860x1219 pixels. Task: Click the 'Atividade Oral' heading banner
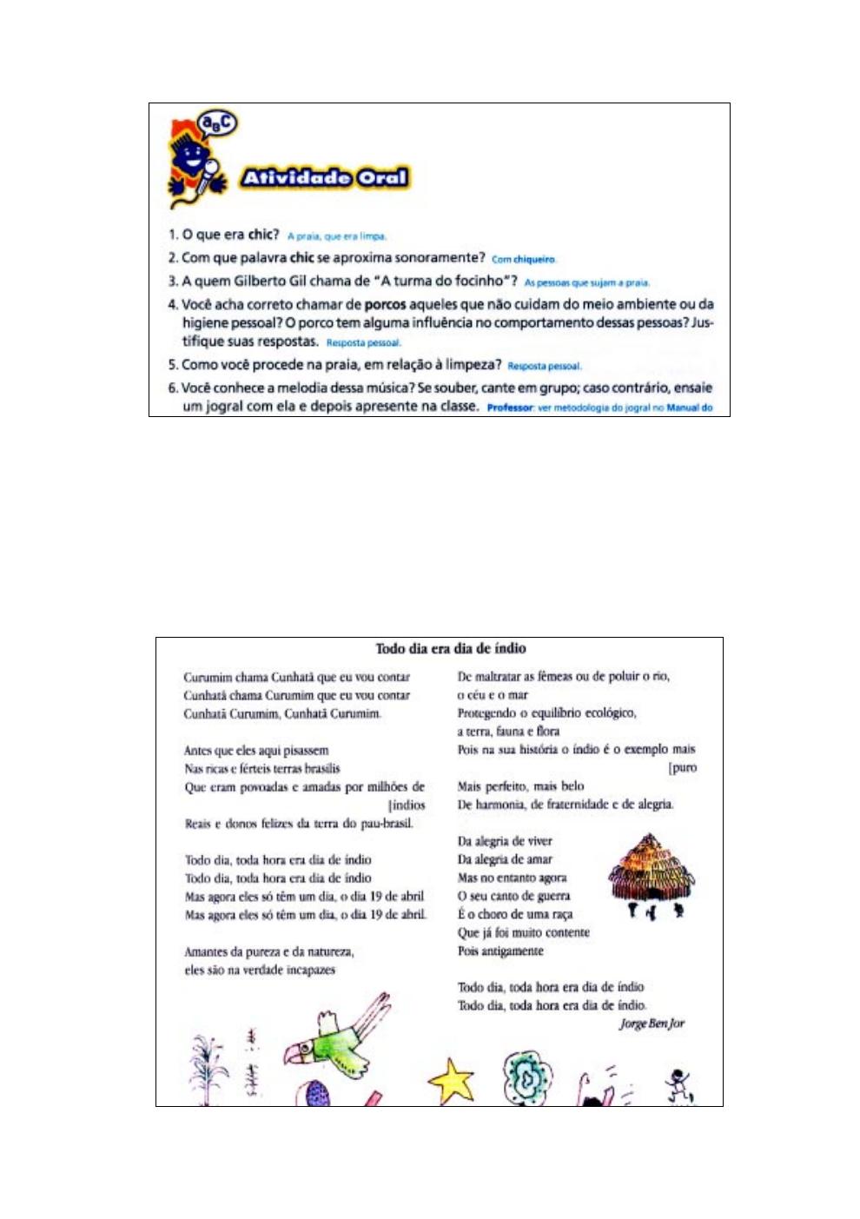coord(324,178)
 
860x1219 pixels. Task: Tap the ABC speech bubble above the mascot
coord(217,124)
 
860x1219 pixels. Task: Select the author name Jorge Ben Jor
coord(652,1024)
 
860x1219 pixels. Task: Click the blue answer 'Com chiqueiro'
coord(524,259)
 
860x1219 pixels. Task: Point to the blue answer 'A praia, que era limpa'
coord(337,235)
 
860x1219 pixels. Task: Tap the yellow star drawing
coord(452,1083)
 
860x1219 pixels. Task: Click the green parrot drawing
coord(339,1038)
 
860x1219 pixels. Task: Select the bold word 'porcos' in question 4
coord(385,304)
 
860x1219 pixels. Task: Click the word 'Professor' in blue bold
coord(510,407)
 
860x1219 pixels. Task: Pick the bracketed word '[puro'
coord(683,768)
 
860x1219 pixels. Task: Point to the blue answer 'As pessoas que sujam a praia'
coord(587,282)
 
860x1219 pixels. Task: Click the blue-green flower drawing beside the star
coord(526,1077)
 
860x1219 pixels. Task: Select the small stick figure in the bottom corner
coord(678,1084)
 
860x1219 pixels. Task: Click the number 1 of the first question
coord(172,235)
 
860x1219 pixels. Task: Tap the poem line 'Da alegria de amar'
coord(505,859)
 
